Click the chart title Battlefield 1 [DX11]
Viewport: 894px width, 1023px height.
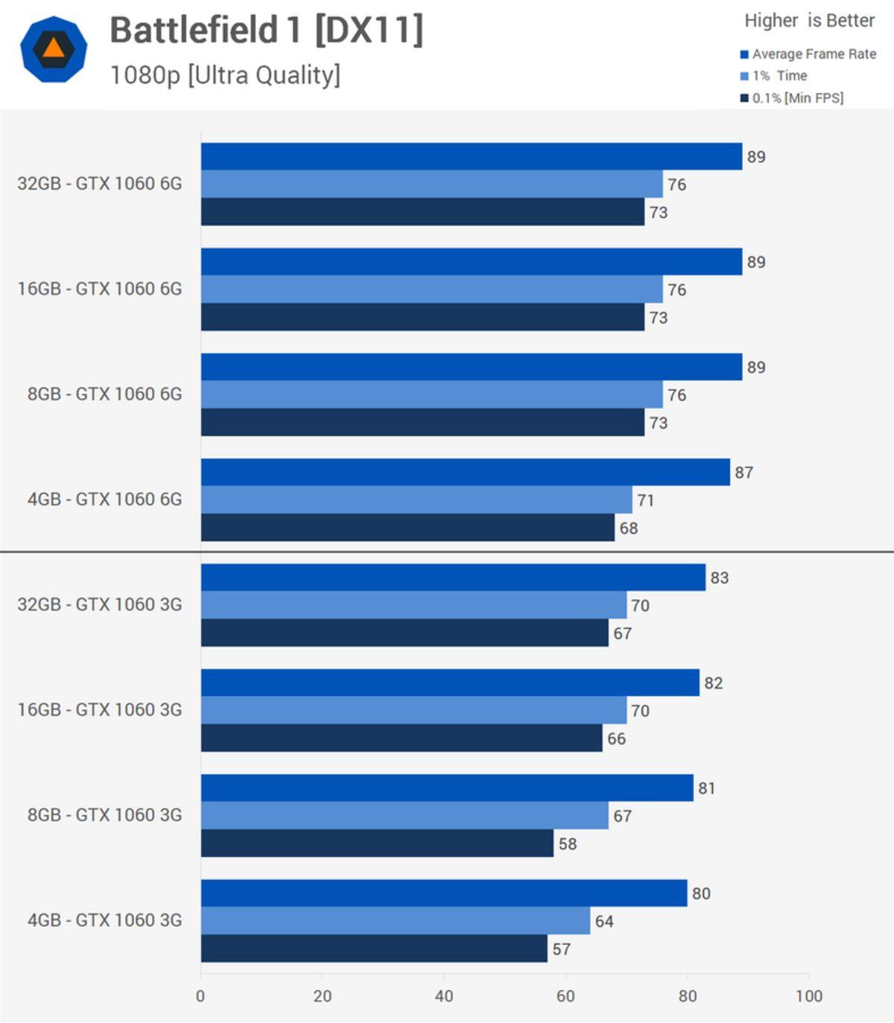click(266, 31)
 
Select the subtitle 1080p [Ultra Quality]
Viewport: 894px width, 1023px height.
click(225, 75)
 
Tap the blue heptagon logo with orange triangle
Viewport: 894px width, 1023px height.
click(53, 49)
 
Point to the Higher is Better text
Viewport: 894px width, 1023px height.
click(809, 21)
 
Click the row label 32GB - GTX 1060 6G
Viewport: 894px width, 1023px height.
click(100, 184)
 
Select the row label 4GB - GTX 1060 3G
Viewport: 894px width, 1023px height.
click(104, 920)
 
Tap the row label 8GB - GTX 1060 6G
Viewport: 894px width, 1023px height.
click(104, 394)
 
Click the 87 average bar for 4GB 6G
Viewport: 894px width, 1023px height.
click(465, 472)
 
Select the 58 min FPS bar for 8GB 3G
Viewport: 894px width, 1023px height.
click(377, 843)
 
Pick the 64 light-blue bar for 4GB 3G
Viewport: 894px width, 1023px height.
click(395, 921)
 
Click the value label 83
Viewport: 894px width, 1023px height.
click(719, 578)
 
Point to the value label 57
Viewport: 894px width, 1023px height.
click(561, 949)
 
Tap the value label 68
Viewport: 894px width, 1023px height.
click(628, 528)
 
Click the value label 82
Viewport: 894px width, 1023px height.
click(713, 683)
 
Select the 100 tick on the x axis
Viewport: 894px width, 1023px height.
click(808, 996)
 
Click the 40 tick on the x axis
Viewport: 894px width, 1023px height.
click(444, 996)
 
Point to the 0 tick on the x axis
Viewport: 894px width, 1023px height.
click(200, 996)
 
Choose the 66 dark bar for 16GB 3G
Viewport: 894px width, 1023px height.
click(402, 738)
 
